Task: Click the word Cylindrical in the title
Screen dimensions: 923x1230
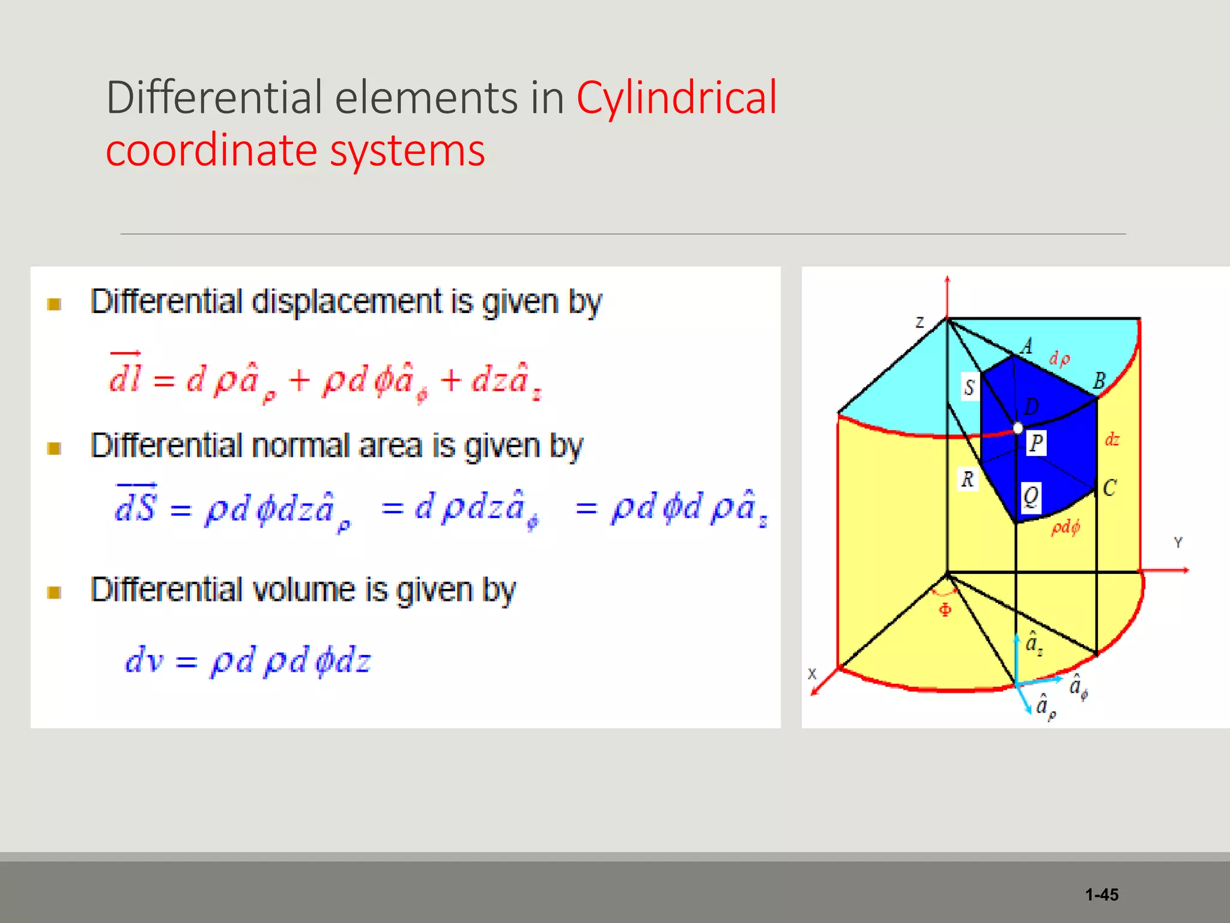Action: pyautogui.click(x=676, y=98)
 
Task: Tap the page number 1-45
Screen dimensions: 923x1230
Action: pyautogui.click(x=1101, y=895)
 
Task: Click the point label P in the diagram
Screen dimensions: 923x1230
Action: pyautogui.click(x=1036, y=443)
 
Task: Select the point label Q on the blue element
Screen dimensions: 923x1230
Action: pyautogui.click(x=1031, y=497)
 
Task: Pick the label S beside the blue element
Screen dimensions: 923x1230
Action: pyautogui.click(x=969, y=388)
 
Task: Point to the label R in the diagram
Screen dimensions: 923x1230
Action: pyautogui.click(x=967, y=480)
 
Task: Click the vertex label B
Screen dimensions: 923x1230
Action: pyautogui.click(x=1098, y=381)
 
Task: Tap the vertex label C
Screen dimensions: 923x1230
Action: pyautogui.click(x=1109, y=487)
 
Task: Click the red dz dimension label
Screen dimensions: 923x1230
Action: pyautogui.click(x=1112, y=440)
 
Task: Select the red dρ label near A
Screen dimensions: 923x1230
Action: pyautogui.click(x=1059, y=359)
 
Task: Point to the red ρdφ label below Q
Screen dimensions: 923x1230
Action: pyautogui.click(x=1065, y=528)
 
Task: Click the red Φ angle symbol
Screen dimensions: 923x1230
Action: pyautogui.click(x=945, y=611)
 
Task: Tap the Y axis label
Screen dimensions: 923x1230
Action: pyautogui.click(x=1178, y=543)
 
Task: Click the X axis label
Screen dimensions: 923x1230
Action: pyautogui.click(x=812, y=674)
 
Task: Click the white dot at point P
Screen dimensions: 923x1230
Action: pyautogui.click(x=1018, y=428)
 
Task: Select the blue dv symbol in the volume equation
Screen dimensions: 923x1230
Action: pyautogui.click(x=144, y=660)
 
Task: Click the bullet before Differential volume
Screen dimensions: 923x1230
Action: pyautogui.click(x=55, y=592)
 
